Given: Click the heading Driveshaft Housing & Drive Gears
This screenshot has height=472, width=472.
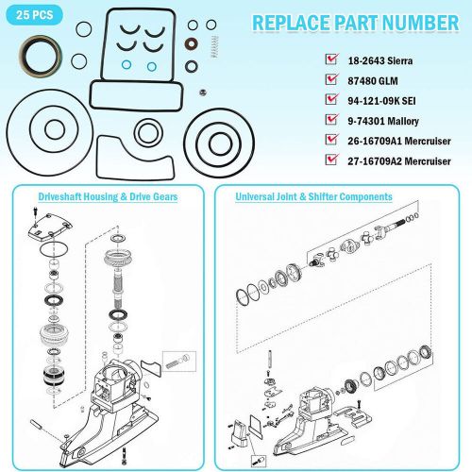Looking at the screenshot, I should [x=108, y=196].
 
